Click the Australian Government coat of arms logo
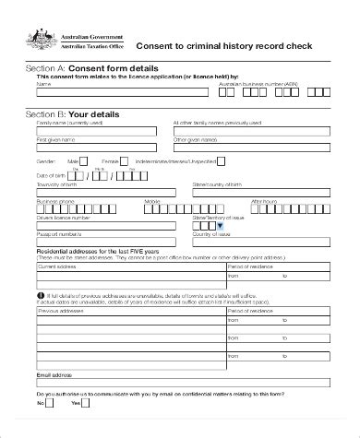point(40,36)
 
